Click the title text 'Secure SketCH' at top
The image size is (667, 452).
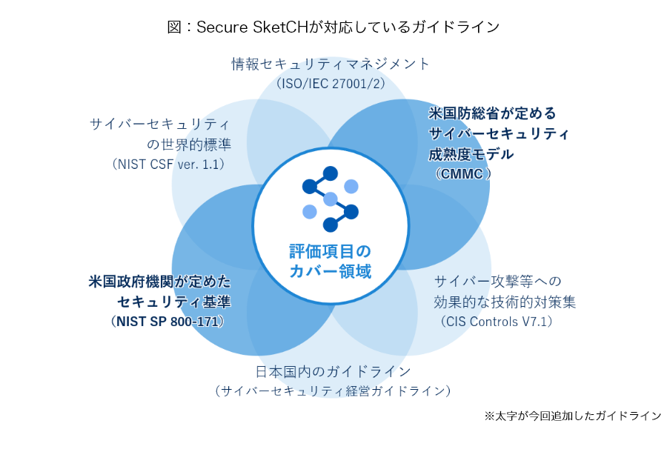(252, 27)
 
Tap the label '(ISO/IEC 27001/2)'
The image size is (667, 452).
(331, 83)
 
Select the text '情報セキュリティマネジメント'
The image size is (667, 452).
(331, 64)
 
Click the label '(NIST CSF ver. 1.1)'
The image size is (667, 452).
(168, 164)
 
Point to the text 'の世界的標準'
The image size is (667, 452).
(189, 144)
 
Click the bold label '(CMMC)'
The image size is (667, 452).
(462, 174)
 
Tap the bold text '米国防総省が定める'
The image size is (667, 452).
(492, 113)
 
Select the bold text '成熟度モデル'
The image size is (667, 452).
(471, 154)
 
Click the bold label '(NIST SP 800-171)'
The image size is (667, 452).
(167, 322)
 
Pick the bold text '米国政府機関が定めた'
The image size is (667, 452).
(160, 282)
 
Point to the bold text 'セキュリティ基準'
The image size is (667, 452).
(174, 302)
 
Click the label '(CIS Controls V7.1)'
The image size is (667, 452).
(497, 322)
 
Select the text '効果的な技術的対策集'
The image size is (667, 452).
(505, 302)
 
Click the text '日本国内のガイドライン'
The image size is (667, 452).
(333, 372)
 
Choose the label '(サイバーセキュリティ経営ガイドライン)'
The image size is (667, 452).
(333, 390)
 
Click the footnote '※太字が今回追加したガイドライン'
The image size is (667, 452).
(573, 416)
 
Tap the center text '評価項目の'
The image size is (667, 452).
(330, 251)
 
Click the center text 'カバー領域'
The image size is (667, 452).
(330, 271)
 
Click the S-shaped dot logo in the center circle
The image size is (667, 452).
(331, 199)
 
